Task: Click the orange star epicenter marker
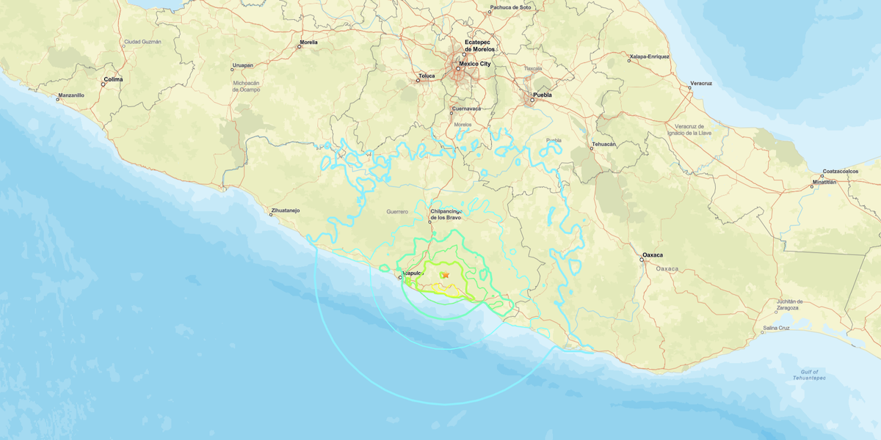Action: [445, 275]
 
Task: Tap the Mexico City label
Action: [475, 64]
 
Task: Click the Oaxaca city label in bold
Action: [653, 255]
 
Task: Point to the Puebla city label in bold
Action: [542, 95]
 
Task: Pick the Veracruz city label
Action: [700, 83]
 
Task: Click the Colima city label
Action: [113, 78]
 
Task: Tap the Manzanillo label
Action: [71, 95]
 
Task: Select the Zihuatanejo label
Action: [286, 210]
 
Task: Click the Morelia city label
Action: [308, 43]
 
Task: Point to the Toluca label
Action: [427, 76]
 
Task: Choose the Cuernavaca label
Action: [465, 109]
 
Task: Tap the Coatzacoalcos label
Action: [841, 171]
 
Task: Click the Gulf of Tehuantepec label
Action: [811, 374]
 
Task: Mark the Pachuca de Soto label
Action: [510, 7]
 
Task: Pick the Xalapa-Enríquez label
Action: [649, 56]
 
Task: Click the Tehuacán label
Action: [603, 144]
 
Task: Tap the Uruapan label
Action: [242, 65]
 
